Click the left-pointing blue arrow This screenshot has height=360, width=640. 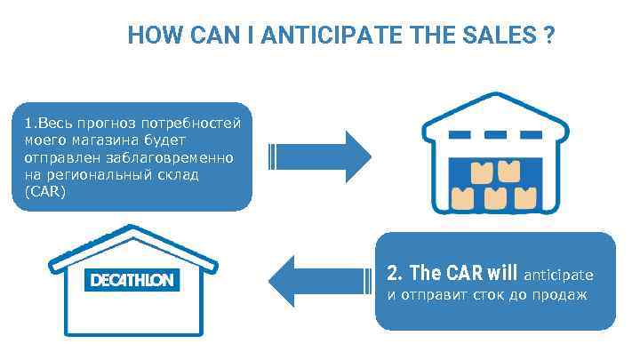click(x=320, y=281)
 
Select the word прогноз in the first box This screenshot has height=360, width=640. click(x=117, y=122)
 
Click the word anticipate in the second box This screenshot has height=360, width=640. click(x=559, y=276)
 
